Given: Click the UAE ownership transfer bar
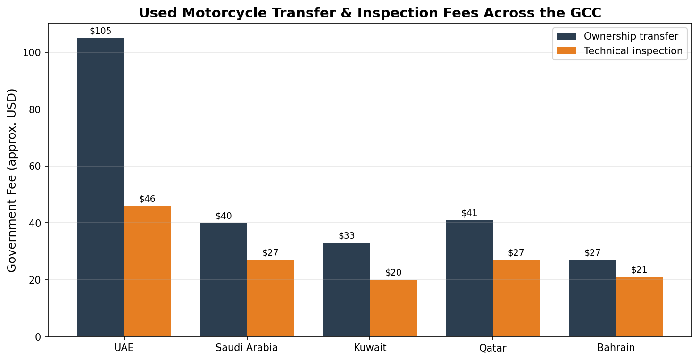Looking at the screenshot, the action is pos(100,187).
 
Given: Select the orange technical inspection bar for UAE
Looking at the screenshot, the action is pos(147,271).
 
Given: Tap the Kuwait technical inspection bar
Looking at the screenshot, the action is pos(393,308).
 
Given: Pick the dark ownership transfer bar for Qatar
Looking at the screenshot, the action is pos(469,278).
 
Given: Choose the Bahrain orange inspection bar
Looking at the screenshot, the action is pos(639,307).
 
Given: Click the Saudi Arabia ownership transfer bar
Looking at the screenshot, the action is pos(224,279).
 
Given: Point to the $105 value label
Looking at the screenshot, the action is pos(100,31).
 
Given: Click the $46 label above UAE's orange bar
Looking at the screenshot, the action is pos(147,199).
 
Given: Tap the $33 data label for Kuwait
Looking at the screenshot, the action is pos(347,236).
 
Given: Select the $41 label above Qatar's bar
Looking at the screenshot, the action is pos(469,213).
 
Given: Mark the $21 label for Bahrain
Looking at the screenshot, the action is pos(639,270).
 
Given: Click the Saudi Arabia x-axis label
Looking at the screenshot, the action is pos(247,348).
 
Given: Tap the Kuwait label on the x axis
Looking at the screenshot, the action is pos(370,348).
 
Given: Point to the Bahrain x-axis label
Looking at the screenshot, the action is pos(616,348).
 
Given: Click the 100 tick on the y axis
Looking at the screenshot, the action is pos(32,52).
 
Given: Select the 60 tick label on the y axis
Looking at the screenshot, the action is pos(35,166).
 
